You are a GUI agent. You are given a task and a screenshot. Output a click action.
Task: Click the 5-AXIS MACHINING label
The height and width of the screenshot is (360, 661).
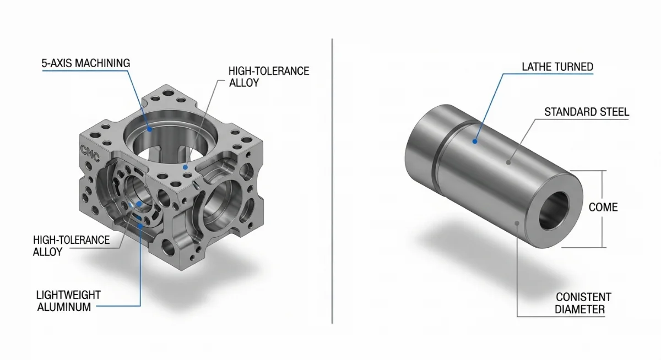click(86, 63)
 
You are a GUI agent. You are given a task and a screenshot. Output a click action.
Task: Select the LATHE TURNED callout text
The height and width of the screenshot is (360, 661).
click(557, 67)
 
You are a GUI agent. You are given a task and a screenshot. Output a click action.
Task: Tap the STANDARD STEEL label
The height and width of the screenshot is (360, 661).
click(587, 112)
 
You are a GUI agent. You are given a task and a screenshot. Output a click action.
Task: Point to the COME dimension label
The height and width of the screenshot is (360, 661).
click(603, 208)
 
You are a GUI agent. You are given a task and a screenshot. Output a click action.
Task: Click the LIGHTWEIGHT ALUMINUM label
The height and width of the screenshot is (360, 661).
click(64, 301)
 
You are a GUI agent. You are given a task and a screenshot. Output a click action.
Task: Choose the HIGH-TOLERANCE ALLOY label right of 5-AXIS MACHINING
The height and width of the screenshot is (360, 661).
click(269, 77)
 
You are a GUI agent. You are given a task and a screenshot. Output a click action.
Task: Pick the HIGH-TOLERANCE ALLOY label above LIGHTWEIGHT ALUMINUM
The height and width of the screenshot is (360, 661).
click(71, 246)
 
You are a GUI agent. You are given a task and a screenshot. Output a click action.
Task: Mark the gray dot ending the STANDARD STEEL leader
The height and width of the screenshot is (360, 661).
click(509, 162)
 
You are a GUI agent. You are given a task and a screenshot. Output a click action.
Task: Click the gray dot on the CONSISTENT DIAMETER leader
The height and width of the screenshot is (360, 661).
click(517, 223)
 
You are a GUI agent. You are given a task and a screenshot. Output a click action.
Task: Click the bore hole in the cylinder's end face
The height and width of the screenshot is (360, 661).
click(552, 211)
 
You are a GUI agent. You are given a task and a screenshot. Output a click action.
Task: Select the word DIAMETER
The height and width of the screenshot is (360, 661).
click(579, 309)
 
